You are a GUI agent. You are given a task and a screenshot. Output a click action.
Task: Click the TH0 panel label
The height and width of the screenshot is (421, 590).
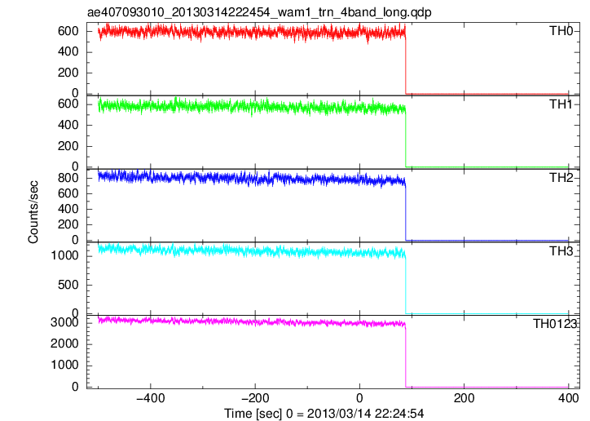561,30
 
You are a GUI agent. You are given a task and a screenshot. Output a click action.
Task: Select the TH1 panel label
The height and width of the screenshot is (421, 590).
561,104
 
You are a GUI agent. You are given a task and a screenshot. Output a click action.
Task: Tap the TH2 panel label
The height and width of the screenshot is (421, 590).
561,177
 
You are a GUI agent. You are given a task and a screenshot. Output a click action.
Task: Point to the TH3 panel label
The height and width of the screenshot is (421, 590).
561,250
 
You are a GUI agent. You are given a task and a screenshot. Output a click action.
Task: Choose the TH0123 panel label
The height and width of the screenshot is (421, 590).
555,323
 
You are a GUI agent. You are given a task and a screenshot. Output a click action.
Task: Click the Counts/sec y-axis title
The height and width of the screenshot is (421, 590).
33,212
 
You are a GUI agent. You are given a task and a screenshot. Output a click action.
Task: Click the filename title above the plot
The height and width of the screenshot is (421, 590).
259,12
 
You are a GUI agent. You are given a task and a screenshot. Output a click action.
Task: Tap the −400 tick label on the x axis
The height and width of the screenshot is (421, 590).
151,398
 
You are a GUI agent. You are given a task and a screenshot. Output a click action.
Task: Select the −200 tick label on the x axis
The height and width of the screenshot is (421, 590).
255,398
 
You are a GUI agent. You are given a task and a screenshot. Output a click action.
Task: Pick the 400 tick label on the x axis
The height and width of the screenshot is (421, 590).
568,398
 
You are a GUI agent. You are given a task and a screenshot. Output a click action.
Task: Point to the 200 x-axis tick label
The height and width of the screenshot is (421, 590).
464,398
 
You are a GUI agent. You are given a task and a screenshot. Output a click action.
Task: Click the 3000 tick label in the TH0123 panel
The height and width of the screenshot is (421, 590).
64,323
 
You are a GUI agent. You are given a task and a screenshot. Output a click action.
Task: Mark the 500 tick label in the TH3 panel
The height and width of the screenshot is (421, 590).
68,285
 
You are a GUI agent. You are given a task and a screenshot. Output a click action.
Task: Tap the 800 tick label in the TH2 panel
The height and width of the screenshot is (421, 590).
68,178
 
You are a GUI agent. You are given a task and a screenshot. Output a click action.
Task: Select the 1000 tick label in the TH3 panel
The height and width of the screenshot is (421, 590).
64,256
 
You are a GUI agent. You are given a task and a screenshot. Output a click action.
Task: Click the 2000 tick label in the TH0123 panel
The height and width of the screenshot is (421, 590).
64,343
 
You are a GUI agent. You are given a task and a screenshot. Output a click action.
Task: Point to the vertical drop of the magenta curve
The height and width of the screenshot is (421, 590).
406,356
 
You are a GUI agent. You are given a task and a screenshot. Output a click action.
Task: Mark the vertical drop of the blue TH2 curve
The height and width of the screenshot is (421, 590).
406,211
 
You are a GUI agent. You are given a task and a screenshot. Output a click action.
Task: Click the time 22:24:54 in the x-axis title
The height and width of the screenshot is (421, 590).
398,414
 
